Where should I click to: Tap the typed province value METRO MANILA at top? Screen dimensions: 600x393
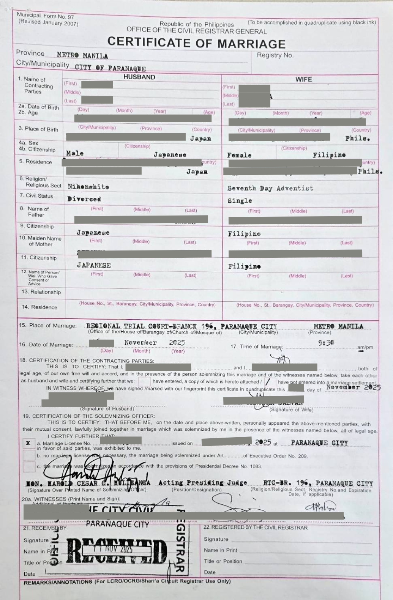(x=82, y=55)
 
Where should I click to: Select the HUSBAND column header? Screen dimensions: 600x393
(x=139, y=77)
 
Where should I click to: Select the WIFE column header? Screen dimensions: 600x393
(x=303, y=79)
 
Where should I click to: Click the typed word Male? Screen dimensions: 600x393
(x=75, y=153)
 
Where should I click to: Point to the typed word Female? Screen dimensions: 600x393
(x=239, y=155)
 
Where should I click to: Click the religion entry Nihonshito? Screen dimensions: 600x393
(x=88, y=187)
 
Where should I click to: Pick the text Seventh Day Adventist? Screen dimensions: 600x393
(x=270, y=188)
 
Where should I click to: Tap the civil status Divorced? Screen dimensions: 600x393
(x=84, y=199)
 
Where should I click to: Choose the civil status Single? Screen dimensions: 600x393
(x=240, y=201)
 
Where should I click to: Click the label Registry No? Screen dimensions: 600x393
(x=275, y=55)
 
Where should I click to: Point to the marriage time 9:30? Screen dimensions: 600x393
(x=326, y=343)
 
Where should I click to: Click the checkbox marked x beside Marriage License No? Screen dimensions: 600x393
(x=28, y=443)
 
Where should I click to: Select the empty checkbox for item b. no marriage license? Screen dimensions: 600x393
(x=28, y=455)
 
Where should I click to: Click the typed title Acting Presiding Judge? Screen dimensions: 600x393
(x=203, y=483)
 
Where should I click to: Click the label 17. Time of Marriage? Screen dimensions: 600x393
(x=256, y=346)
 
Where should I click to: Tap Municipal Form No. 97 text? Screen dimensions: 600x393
(x=45, y=16)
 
